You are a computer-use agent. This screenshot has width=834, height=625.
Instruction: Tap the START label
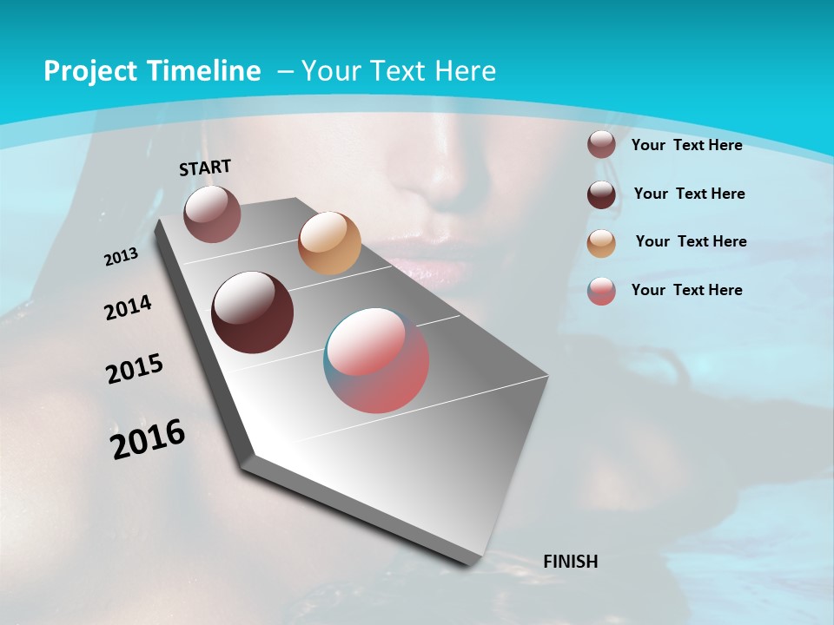pyautogui.click(x=205, y=168)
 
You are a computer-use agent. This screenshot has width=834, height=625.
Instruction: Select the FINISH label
pyautogui.click(x=570, y=561)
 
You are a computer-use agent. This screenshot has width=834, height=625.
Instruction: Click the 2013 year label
pyautogui.click(x=121, y=257)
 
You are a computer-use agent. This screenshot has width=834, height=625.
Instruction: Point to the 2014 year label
pyautogui.click(x=128, y=308)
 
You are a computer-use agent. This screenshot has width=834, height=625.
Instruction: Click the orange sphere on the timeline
pyautogui.click(x=329, y=243)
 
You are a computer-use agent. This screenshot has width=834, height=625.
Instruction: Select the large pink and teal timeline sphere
pyautogui.click(x=376, y=360)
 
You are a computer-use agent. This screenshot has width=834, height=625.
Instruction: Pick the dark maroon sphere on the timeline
pyautogui.click(x=253, y=312)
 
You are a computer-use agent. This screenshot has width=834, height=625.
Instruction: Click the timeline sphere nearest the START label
pyautogui.click(x=212, y=214)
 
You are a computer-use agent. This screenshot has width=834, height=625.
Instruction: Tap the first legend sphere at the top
pyautogui.click(x=601, y=144)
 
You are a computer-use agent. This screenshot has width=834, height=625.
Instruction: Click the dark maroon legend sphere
pyautogui.click(x=601, y=194)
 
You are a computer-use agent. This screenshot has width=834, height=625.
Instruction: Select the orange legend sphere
pyautogui.click(x=601, y=242)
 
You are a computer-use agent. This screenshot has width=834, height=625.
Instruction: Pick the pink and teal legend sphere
pyautogui.click(x=601, y=291)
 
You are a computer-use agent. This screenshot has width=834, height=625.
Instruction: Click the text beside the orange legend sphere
pyautogui.click(x=691, y=241)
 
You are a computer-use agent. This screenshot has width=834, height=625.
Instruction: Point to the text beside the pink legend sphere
pyautogui.click(x=686, y=290)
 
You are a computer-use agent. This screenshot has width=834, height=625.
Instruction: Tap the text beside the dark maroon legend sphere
pyautogui.click(x=689, y=194)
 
